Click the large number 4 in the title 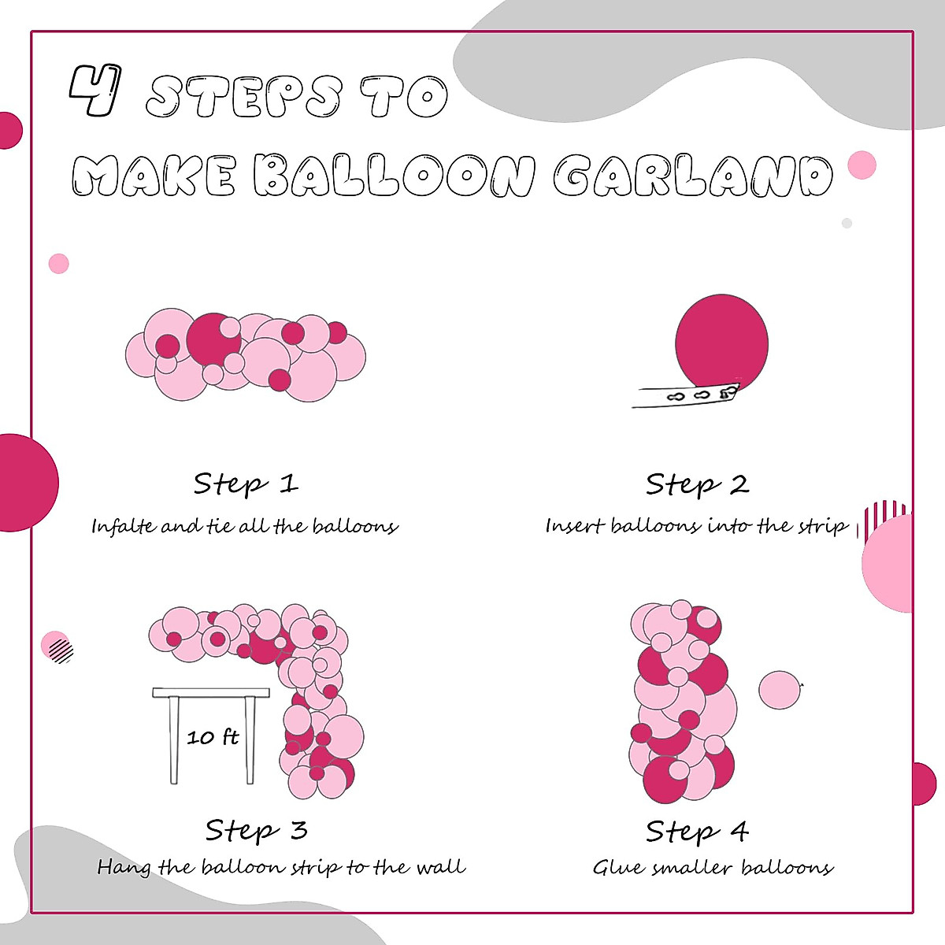click(x=94, y=91)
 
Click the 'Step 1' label click(x=246, y=484)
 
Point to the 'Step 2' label click(x=697, y=484)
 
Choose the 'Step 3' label click(x=256, y=830)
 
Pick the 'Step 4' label click(x=697, y=831)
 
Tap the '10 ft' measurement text click(x=213, y=737)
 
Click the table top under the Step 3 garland click(x=211, y=693)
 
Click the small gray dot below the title click(x=847, y=224)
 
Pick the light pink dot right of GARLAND click(x=862, y=165)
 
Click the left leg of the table click(x=174, y=740)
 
